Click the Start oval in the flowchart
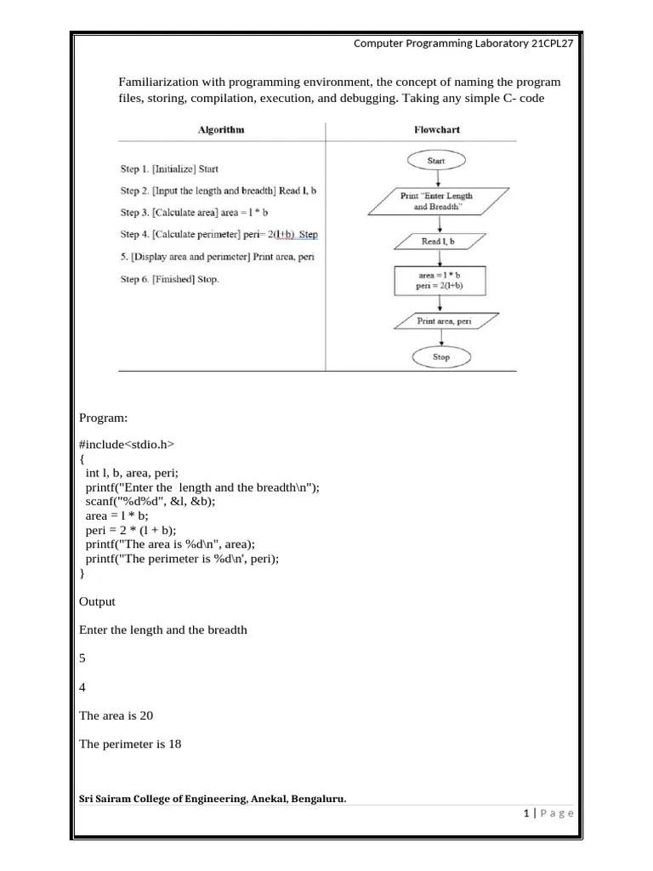pyautogui.click(x=436, y=160)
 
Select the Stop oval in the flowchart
pyautogui.click(x=440, y=357)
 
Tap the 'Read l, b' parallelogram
pyautogui.click(x=437, y=242)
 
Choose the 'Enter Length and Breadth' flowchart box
pyautogui.click(x=436, y=202)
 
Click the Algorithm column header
pyautogui.click(x=220, y=130)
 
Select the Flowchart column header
pyautogui.click(x=436, y=130)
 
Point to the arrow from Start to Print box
pyautogui.click(x=437, y=178)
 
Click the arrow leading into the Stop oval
pyautogui.click(x=440, y=339)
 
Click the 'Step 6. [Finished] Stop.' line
pyautogui.click(x=169, y=279)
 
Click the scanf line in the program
pyautogui.click(x=150, y=502)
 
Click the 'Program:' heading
pyautogui.click(x=103, y=418)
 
